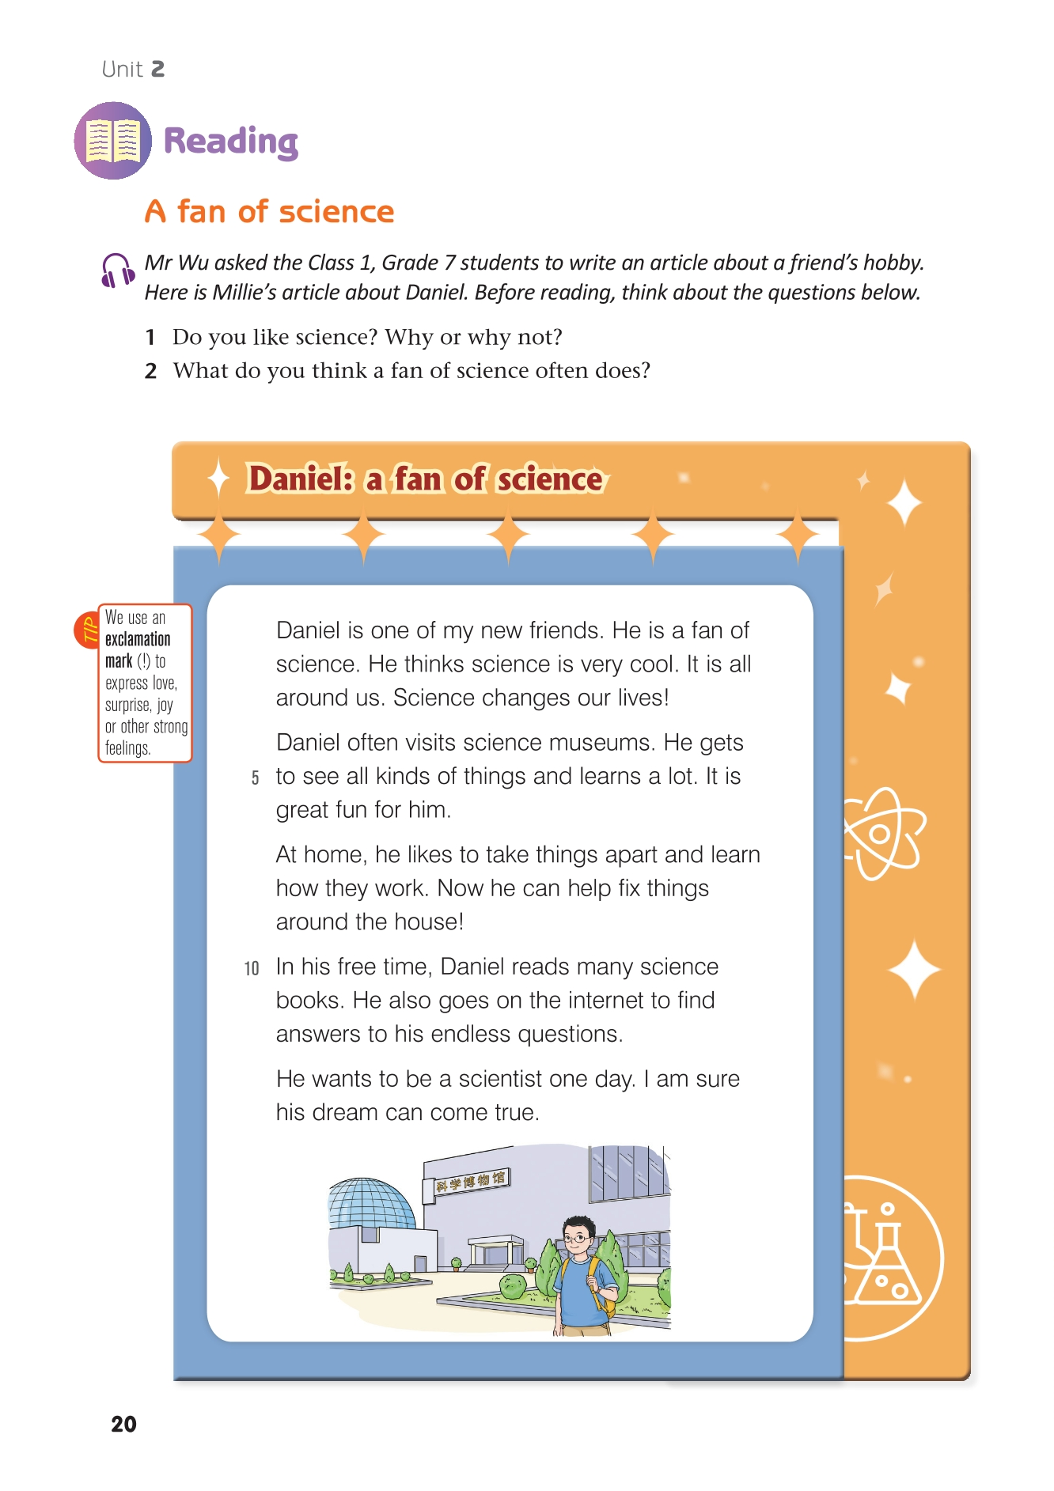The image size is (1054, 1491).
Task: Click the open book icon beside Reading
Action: tap(113, 141)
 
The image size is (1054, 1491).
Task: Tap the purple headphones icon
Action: tap(116, 271)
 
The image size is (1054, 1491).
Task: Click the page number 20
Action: tap(123, 1424)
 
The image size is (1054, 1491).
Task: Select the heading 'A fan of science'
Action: tap(269, 212)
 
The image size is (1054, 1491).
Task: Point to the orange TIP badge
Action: tap(86, 630)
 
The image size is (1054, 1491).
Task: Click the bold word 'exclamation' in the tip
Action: tap(138, 639)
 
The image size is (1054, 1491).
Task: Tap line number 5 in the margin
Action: tap(255, 778)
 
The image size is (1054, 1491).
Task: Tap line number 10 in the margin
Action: tap(252, 969)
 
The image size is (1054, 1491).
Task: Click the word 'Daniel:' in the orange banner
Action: tap(301, 479)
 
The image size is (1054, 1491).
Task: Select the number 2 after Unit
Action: tap(157, 70)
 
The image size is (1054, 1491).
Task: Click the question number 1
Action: tap(150, 338)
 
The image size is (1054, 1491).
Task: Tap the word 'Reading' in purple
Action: tap(231, 142)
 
